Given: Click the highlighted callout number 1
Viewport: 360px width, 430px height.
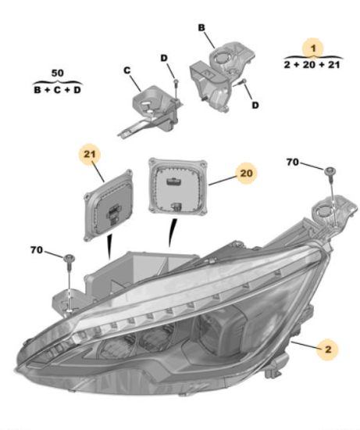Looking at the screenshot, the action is click(x=313, y=48).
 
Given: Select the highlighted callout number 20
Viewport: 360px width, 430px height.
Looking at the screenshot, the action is click(x=246, y=173).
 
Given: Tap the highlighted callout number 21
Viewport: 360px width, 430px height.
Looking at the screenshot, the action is click(x=90, y=154).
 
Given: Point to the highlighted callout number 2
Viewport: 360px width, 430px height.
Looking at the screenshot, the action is click(x=328, y=349).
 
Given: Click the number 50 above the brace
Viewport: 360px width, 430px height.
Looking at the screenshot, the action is click(x=58, y=73).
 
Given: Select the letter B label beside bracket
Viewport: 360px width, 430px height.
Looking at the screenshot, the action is click(x=201, y=27).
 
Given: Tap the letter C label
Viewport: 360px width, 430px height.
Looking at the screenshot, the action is click(x=127, y=70).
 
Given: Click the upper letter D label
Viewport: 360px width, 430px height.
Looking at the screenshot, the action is click(x=164, y=58).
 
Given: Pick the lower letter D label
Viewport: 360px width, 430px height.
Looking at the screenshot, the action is click(x=255, y=105).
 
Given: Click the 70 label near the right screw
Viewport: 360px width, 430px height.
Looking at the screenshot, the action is click(x=292, y=162).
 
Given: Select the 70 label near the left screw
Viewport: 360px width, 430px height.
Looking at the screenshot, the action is click(x=37, y=250).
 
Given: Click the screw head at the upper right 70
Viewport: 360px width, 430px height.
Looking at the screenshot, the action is click(x=330, y=170).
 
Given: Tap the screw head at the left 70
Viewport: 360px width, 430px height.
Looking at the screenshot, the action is click(x=69, y=258).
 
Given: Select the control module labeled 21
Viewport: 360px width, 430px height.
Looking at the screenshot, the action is click(x=109, y=205).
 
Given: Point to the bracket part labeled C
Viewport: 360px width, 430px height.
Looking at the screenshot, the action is click(x=151, y=109).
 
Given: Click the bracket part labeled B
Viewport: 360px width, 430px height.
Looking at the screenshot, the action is click(x=222, y=75).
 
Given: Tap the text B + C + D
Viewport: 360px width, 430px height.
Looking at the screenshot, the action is click(x=58, y=90).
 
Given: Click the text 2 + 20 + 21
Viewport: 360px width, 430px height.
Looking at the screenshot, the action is click(x=312, y=65).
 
